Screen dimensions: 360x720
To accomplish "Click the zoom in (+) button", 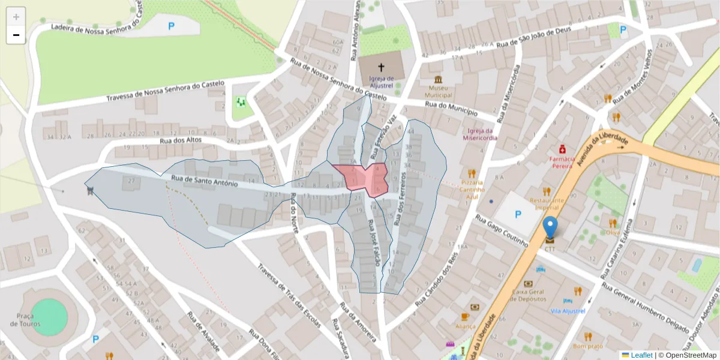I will click(16, 17).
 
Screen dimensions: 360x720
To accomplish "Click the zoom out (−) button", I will click(16, 35).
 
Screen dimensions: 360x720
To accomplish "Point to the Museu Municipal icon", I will click(439, 80).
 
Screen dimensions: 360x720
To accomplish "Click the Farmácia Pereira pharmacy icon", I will click(562, 148).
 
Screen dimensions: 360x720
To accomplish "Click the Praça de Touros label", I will click(25, 320).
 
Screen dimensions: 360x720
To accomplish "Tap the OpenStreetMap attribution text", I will click(688, 355).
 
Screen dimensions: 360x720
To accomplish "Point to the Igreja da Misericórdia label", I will click(479, 134).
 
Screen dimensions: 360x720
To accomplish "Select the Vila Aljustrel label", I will click(568, 311).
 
